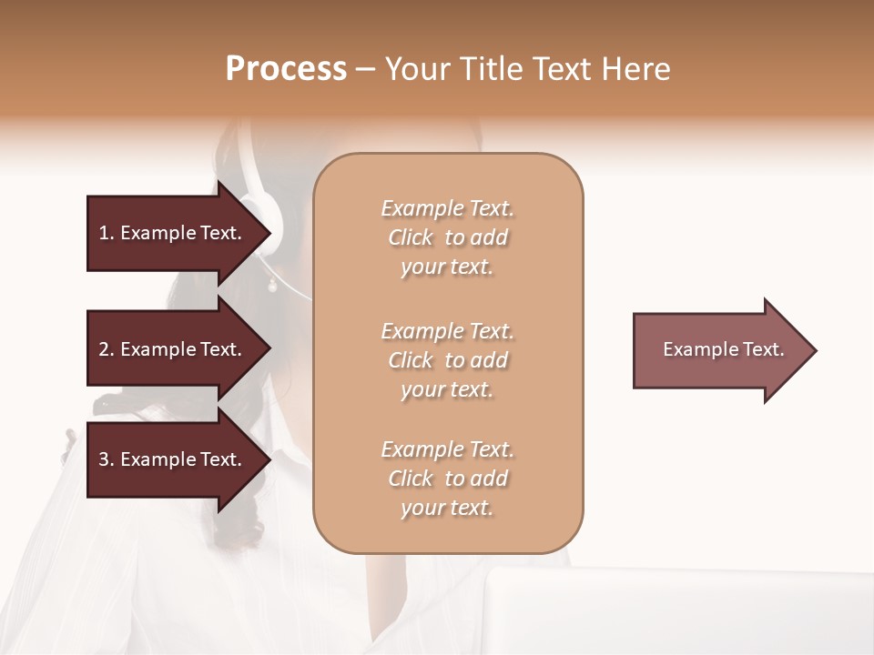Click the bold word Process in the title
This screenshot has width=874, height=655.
point(286,69)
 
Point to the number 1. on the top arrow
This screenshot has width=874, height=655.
point(106,233)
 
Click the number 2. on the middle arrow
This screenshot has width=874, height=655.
point(107,349)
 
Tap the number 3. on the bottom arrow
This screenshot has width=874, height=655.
point(107,460)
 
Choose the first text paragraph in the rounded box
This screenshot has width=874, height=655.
point(447,237)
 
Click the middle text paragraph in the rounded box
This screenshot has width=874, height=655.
point(447,360)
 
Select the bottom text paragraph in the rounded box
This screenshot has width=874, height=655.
point(447,479)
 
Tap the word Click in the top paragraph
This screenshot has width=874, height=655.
point(410,238)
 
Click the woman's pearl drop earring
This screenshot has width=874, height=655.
point(271,287)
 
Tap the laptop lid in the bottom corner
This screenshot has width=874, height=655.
point(674,610)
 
